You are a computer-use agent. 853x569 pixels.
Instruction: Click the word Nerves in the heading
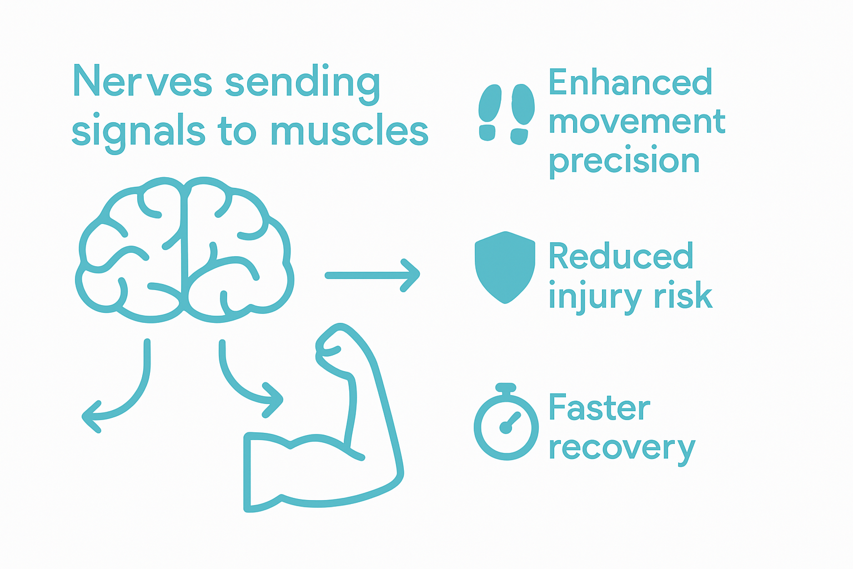(x=142, y=82)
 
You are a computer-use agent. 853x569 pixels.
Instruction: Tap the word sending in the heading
(x=303, y=83)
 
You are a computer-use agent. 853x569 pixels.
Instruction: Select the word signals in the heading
(x=138, y=132)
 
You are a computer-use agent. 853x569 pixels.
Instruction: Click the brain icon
(x=184, y=250)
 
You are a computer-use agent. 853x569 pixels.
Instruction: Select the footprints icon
(x=506, y=114)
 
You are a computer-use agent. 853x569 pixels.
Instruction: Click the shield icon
(x=505, y=267)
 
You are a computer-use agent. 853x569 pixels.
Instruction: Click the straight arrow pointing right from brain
(x=372, y=275)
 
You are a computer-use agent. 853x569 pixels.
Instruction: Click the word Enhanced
(x=630, y=82)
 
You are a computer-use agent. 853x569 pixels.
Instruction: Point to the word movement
(x=636, y=122)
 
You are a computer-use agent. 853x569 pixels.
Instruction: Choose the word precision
(x=624, y=162)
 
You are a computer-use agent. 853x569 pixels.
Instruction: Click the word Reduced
(x=620, y=256)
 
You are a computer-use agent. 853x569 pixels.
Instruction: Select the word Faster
(x=599, y=408)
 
